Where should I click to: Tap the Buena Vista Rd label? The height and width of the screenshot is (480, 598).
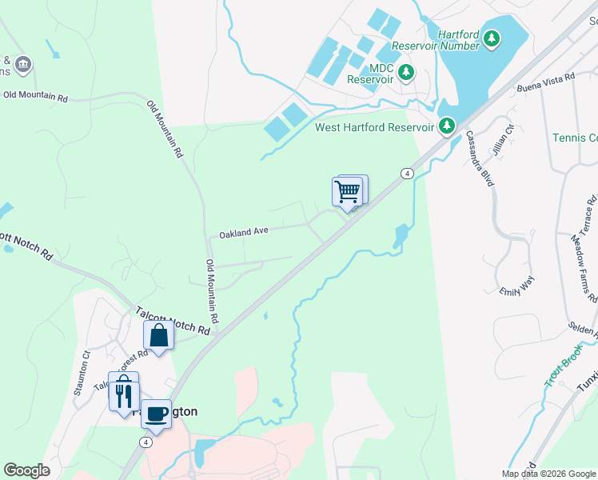[x=546, y=82]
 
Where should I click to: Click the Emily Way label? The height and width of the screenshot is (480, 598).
[x=516, y=286]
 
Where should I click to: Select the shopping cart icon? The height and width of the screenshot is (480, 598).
[x=347, y=192]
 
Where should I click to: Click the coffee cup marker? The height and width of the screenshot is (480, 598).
[x=156, y=414]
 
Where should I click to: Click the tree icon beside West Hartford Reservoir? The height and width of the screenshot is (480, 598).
[x=446, y=126]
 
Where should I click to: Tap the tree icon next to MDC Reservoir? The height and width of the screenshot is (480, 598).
[x=407, y=73]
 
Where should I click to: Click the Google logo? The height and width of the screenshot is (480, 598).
[x=26, y=470]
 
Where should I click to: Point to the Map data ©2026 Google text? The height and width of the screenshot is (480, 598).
[x=548, y=474]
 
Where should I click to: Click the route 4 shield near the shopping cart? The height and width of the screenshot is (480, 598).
[x=407, y=174]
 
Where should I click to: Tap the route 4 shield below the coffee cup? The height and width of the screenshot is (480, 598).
[x=146, y=442]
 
